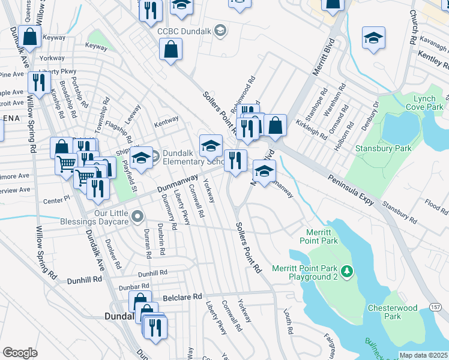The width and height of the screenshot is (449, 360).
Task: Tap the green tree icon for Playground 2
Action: pyautogui.click(x=346, y=273)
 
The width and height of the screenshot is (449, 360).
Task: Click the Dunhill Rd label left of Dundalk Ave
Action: pyautogui.click(x=70, y=280)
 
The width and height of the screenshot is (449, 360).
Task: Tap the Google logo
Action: pyautogui.click(x=20, y=353)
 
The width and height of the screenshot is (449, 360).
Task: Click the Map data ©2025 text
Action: pyautogui.click(x=423, y=355)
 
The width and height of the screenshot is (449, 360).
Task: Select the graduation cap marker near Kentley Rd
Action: pyautogui.click(x=373, y=39)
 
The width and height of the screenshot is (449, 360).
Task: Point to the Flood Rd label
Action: pyautogui.click(x=436, y=206)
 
